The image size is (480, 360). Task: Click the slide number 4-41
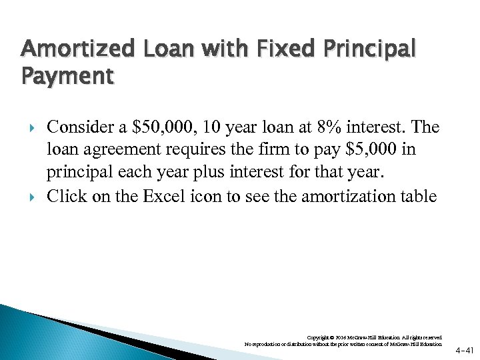tap(465, 349)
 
